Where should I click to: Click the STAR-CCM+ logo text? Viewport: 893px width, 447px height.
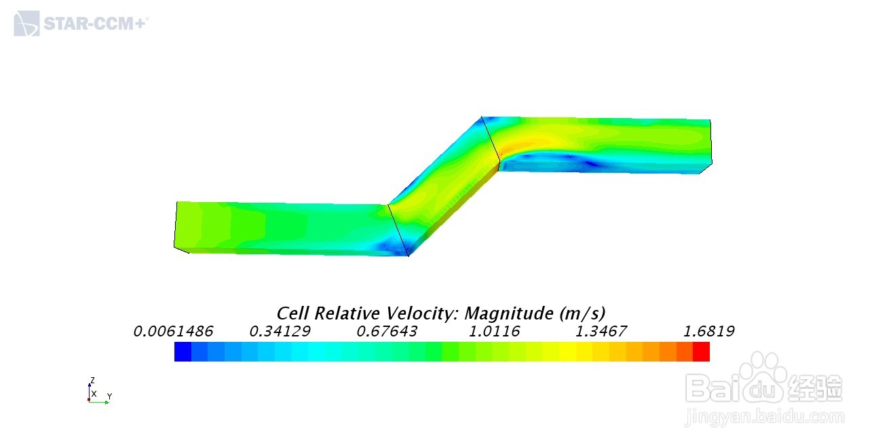tap(96, 24)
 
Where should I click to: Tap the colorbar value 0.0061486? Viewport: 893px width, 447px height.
tap(174, 332)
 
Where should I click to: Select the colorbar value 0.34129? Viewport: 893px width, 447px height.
tap(280, 332)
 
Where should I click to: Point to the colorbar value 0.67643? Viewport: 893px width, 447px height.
tap(387, 332)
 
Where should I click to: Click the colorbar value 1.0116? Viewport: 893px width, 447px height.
tap(494, 332)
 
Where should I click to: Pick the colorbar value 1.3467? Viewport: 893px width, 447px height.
tap(601, 332)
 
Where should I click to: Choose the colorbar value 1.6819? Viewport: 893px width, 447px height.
tap(709, 332)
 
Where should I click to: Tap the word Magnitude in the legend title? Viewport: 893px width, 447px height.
tap(509, 314)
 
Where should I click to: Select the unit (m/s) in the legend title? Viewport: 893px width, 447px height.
tap(582, 314)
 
